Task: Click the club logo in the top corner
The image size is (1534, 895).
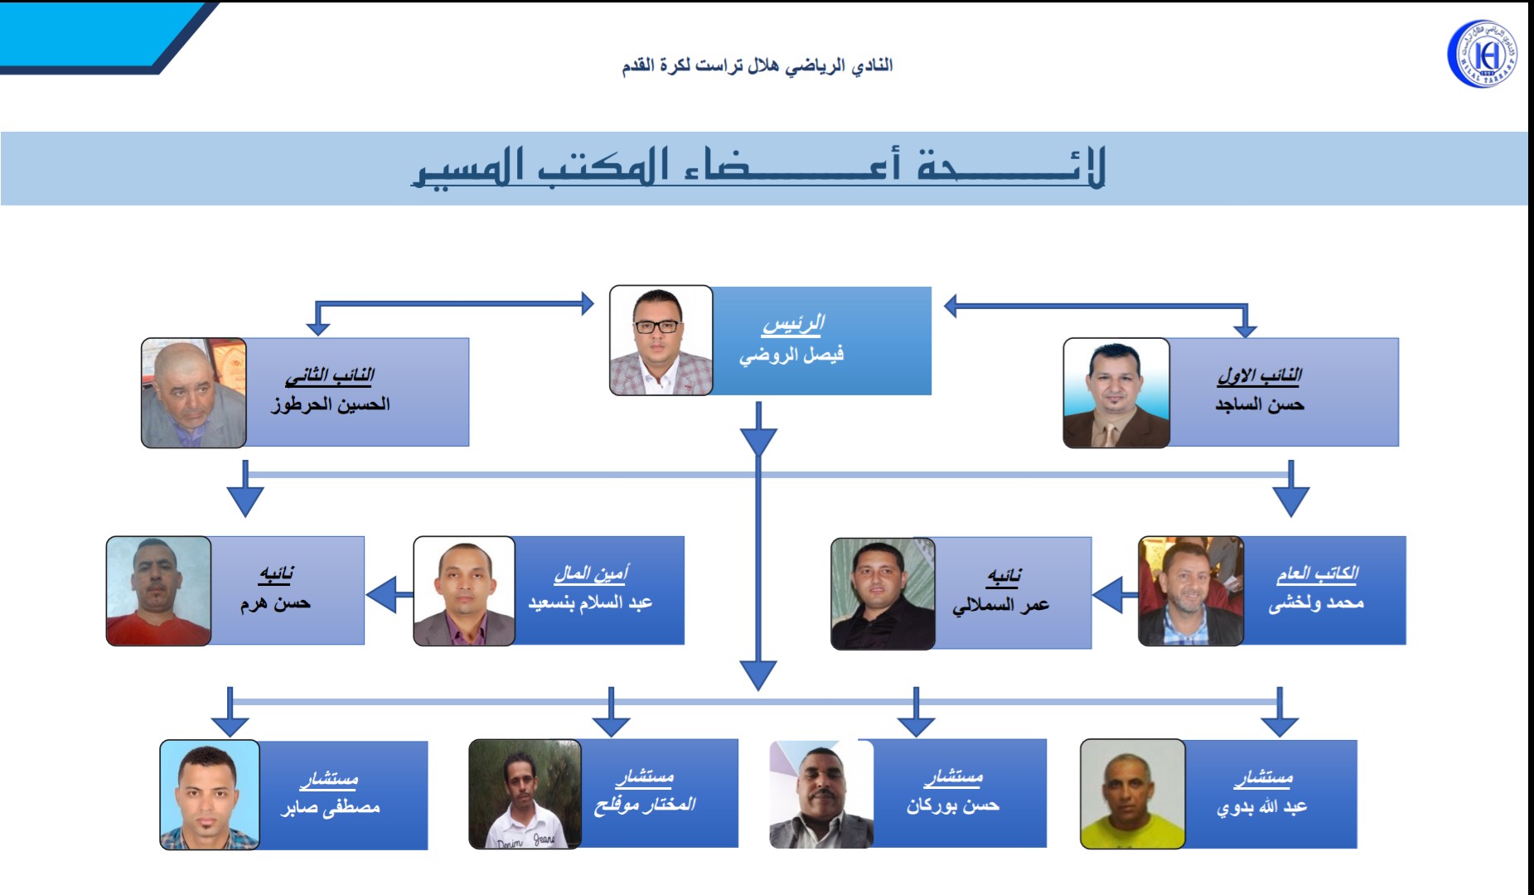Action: pos(1483,54)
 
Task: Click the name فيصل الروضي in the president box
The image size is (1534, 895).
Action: pos(791,355)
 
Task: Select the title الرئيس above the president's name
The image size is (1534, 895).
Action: pos(793,323)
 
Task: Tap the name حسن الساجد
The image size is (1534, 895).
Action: pos(1260,404)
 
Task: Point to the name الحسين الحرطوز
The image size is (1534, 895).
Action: pos(331,404)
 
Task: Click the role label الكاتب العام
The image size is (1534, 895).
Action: pos(1317,573)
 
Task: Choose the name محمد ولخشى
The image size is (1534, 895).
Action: pos(1316,603)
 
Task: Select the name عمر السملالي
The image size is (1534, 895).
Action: pos(1000,606)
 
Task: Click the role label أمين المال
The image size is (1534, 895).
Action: pos(591,573)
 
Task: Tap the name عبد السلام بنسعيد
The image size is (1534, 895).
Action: pos(590,602)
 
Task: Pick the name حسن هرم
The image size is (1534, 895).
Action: pos(275,602)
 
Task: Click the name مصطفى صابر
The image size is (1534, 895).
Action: pos(330,806)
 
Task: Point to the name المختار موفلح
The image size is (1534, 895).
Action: pos(644,805)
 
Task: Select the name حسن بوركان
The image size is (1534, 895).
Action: pos(953,805)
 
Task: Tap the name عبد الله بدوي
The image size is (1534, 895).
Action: pos(1261,806)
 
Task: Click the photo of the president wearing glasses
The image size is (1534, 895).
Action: pos(661,341)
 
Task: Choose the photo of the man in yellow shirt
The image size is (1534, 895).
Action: pos(1133,794)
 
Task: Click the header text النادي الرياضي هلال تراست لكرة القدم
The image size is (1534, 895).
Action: pos(757,65)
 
